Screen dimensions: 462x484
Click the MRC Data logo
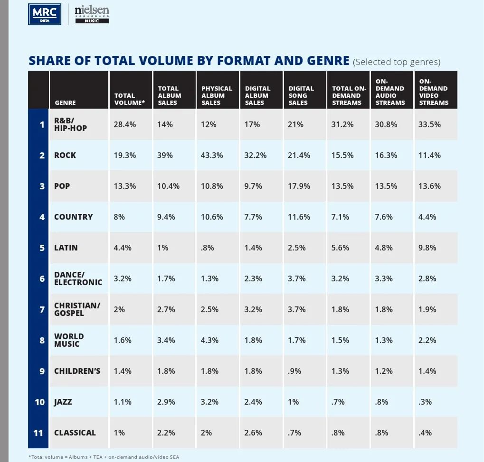45,14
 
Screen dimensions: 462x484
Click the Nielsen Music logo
92,14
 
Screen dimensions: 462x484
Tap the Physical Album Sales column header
217,95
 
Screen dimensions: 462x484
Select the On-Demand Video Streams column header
433,92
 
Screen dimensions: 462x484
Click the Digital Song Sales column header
301,95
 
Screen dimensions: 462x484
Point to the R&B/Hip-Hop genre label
70,124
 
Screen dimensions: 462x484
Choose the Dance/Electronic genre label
78,278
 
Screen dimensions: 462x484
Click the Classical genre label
75,433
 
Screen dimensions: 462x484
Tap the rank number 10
39,402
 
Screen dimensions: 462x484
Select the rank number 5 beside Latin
42,248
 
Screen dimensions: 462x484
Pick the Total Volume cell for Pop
124,186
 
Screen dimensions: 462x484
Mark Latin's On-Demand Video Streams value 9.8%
427,248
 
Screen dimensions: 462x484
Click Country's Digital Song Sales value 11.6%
299,217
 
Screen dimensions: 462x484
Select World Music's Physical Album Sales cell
209,340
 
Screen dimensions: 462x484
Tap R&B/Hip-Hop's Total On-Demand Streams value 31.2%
342,124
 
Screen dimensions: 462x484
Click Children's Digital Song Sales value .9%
294,371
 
